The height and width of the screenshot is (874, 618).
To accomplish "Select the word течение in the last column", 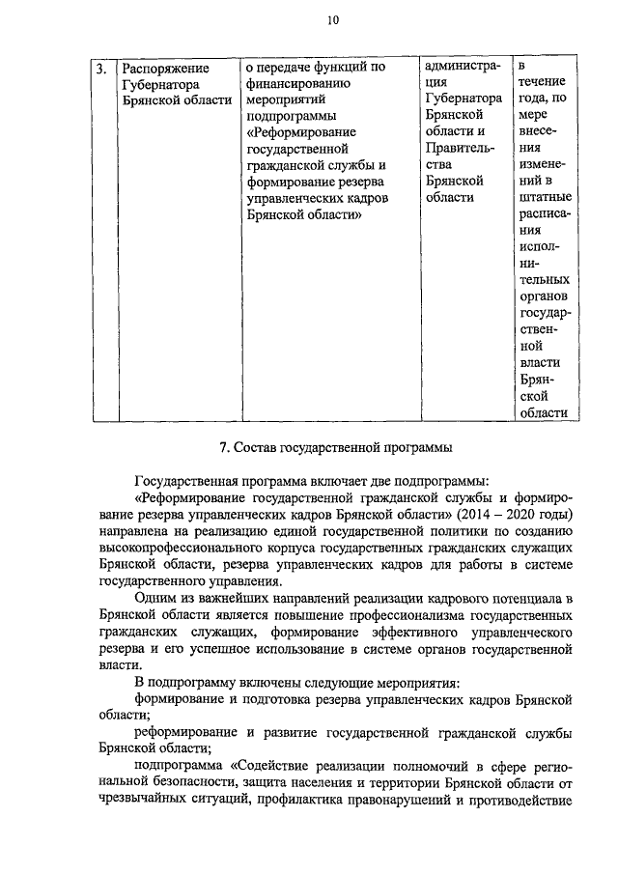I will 542,82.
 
